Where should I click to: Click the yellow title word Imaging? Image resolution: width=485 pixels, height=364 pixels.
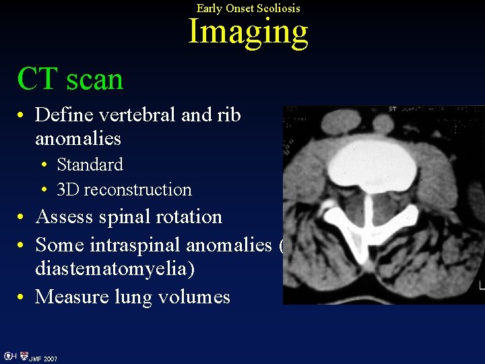click(248, 32)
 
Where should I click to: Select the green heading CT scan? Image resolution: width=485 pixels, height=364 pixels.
click(70, 79)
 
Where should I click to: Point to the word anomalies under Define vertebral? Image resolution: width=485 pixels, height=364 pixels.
click(78, 139)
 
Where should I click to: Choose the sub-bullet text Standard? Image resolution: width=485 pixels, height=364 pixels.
click(90, 164)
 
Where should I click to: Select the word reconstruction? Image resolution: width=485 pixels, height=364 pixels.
click(137, 189)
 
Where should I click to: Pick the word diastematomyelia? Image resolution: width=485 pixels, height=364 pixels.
click(115, 269)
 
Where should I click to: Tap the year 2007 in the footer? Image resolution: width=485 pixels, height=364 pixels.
click(51, 359)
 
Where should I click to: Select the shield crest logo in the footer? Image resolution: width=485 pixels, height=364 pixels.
click(24, 356)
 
